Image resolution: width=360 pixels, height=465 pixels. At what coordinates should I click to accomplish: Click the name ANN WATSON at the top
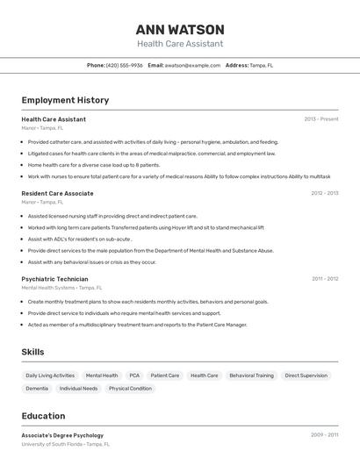pyautogui.click(x=180, y=30)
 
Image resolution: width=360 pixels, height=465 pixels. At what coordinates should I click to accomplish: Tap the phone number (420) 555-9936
pyautogui.click(x=124, y=65)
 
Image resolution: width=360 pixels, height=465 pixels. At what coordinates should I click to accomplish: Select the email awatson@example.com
pyautogui.click(x=192, y=65)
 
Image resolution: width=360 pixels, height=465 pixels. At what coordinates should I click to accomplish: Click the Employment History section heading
pyautogui.click(x=65, y=100)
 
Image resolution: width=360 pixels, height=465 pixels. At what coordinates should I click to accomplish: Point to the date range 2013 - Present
pyautogui.click(x=321, y=118)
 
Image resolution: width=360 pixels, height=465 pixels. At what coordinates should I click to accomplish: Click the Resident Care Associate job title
pyautogui.click(x=57, y=193)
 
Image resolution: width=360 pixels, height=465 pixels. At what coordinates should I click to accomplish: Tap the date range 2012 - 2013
pyautogui.click(x=324, y=193)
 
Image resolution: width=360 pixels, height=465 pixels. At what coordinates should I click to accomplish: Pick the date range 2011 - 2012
pyautogui.click(x=325, y=279)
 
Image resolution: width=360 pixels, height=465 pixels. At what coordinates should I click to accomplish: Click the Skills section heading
pyautogui.click(x=33, y=352)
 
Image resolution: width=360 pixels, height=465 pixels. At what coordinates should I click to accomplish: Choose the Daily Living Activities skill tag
pyautogui.click(x=50, y=376)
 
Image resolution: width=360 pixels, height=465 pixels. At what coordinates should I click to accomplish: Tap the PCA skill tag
pyautogui.click(x=134, y=376)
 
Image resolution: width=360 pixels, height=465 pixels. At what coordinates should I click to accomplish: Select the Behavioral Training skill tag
pyautogui.click(x=251, y=376)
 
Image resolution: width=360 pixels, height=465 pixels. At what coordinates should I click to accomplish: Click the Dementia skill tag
pyautogui.click(x=37, y=389)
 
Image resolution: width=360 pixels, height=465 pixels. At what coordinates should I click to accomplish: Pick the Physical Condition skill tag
pyautogui.click(x=130, y=389)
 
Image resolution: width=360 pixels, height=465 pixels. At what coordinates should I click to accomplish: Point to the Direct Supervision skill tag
pyautogui.click(x=306, y=376)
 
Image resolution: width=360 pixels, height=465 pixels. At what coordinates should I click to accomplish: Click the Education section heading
pyautogui.click(x=43, y=416)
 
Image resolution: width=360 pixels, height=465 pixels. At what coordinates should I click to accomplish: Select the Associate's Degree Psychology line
pyautogui.click(x=62, y=435)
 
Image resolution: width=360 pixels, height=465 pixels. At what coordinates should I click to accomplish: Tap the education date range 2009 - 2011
pyautogui.click(x=324, y=435)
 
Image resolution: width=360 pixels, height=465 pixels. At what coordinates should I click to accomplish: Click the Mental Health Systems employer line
pyautogui.click(x=61, y=288)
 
